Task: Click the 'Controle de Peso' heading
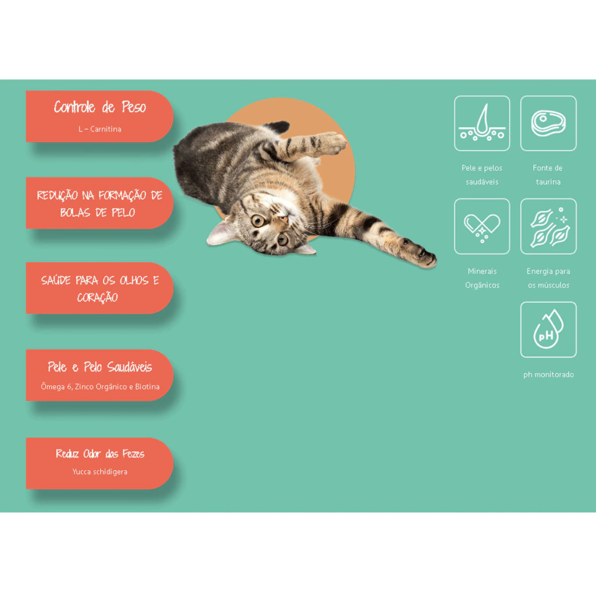coord(100,107)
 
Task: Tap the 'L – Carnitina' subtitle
coord(100,129)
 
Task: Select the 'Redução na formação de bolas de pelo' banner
coord(100,203)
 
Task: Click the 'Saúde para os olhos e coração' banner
coord(100,288)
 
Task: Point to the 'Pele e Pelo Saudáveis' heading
coord(100,367)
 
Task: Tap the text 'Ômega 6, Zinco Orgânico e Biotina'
coord(100,387)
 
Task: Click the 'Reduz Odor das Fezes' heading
coord(100,453)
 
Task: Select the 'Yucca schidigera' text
coord(100,472)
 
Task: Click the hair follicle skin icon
coord(482,123)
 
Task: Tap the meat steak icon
coord(548,123)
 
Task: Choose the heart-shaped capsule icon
coord(482,226)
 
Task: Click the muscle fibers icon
coord(548,226)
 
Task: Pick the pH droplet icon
coord(548,329)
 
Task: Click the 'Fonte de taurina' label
coord(548,175)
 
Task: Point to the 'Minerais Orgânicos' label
coord(482,278)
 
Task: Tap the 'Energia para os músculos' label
coord(548,278)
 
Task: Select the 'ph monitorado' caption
coord(548,374)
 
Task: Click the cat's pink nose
coord(283,220)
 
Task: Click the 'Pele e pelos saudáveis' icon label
coord(482,175)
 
